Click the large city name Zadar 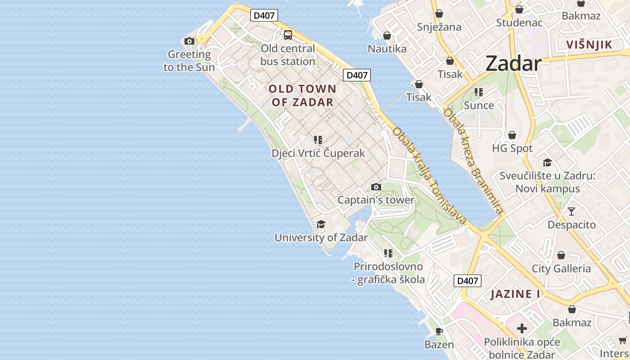513,63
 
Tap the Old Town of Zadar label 302,95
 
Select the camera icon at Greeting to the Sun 189,41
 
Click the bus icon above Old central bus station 288,35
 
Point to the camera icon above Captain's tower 376,187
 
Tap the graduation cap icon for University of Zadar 321,224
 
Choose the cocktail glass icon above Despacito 571,211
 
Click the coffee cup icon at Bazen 439,331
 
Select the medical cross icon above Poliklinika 522,328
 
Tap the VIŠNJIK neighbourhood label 589,45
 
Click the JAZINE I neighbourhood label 515,294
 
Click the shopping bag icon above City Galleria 561,255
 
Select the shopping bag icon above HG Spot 512,135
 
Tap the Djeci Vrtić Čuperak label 318,153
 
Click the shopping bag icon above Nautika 387,35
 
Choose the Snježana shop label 439,27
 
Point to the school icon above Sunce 479,92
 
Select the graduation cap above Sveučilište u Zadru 547,162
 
